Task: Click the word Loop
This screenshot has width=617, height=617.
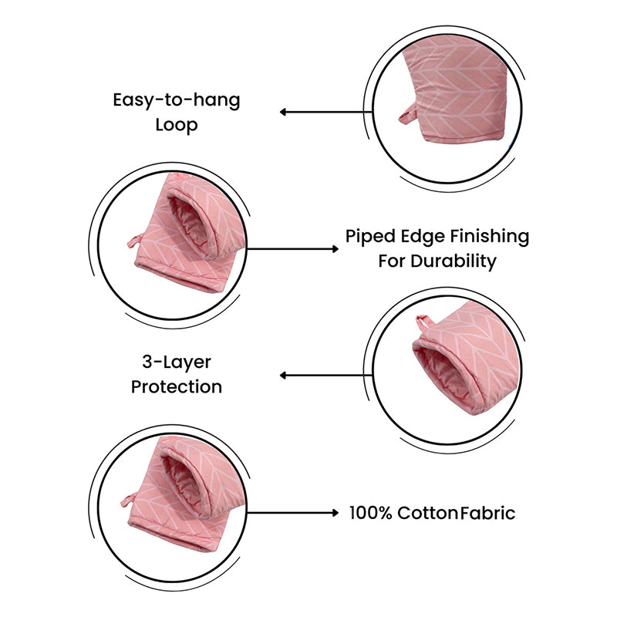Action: click(177, 126)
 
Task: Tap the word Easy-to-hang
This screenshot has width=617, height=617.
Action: click(177, 101)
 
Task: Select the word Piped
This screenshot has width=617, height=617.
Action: click(370, 238)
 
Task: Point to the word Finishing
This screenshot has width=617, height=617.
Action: click(490, 238)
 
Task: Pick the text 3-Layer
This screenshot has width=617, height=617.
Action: click(177, 362)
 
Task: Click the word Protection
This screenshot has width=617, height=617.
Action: click(177, 387)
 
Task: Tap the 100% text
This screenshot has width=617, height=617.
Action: click(371, 513)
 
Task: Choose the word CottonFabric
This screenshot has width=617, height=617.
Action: click(456, 513)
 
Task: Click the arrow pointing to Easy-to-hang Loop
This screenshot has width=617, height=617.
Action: click(325, 112)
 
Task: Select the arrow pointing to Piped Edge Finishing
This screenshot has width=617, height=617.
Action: click(292, 248)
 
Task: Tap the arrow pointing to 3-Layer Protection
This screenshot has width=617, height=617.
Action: click(325, 376)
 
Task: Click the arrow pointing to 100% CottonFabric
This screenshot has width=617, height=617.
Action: click(292, 513)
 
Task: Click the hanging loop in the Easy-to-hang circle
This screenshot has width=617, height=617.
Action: click(408, 114)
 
